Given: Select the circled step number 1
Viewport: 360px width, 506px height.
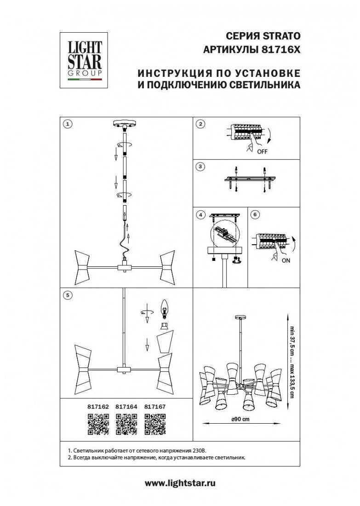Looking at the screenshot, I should coord(68,124).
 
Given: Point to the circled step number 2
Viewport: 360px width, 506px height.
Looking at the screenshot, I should coord(200,124).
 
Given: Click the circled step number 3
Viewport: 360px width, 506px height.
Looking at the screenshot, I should coord(200,166).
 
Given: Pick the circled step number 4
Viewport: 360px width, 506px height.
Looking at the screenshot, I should coord(200,214).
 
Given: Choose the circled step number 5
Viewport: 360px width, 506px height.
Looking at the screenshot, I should coord(68,295).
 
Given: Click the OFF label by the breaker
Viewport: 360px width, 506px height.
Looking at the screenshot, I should coord(262,151).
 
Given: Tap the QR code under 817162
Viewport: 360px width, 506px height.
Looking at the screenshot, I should coord(97,424).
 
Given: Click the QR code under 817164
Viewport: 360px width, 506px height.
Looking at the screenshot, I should coord(126,424).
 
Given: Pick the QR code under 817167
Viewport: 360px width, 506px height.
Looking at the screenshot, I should coord(155,424).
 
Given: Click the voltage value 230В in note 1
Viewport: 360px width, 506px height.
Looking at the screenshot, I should coord(204,451).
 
